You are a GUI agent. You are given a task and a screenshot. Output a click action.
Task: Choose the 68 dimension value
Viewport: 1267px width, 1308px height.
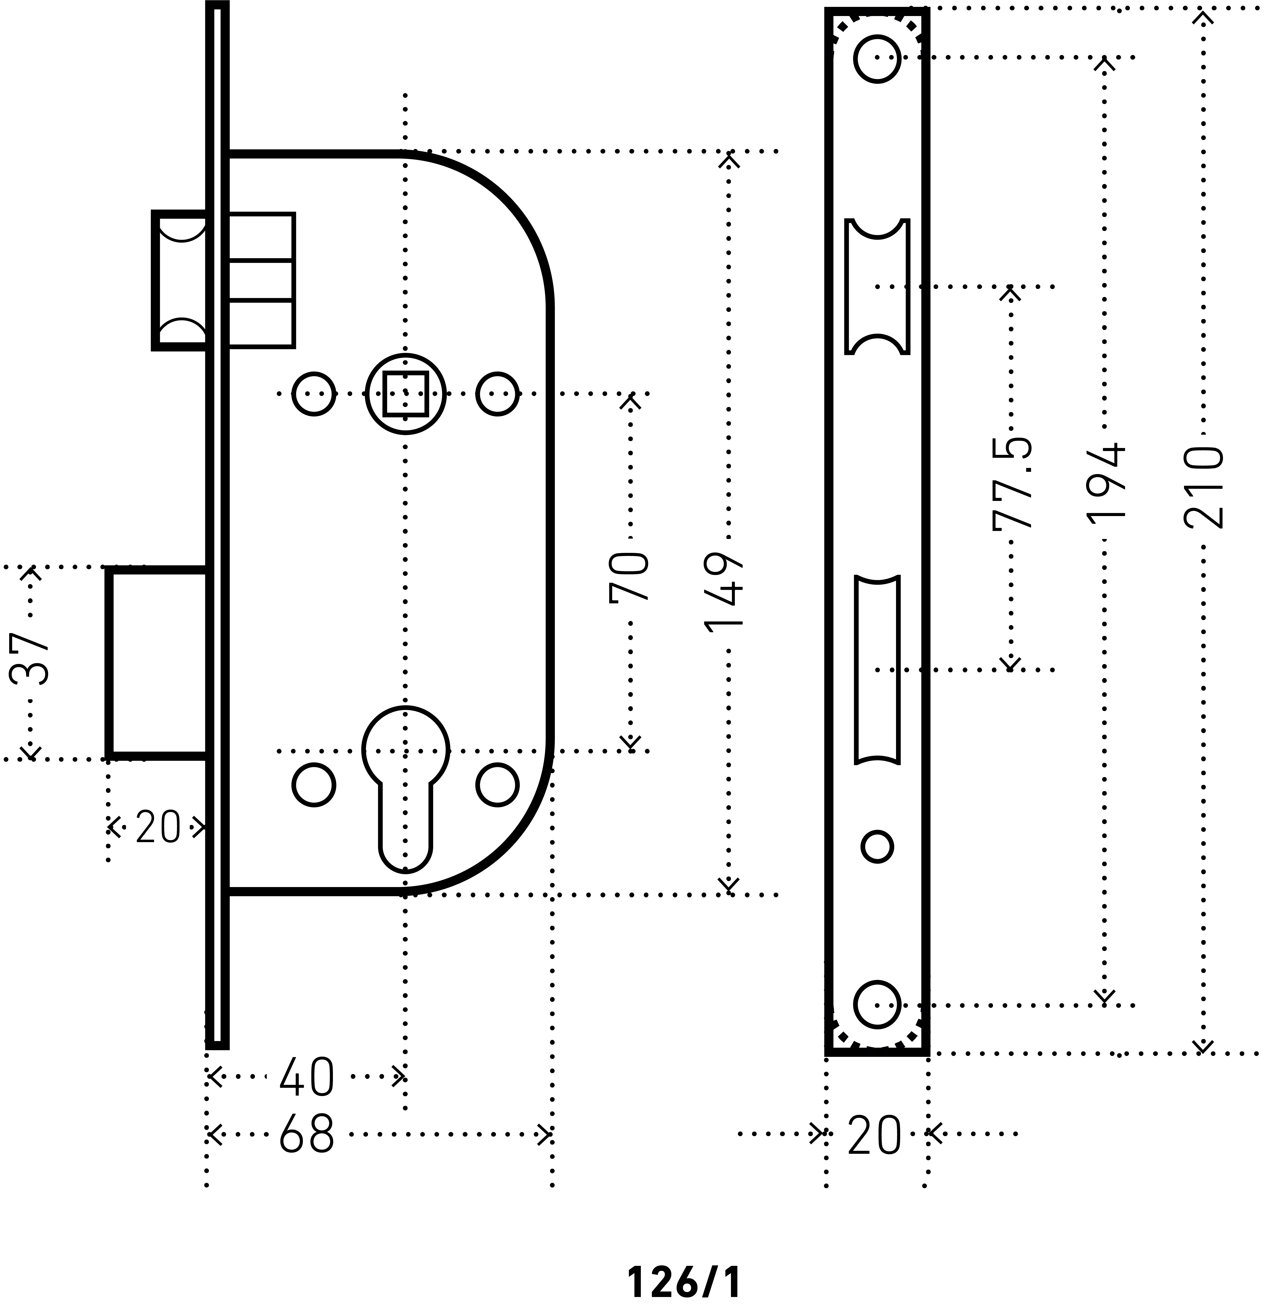[306, 1135]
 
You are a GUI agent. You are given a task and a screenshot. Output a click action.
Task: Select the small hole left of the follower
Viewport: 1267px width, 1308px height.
[314, 394]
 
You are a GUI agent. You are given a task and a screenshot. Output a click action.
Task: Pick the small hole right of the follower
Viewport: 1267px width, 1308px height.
[497, 394]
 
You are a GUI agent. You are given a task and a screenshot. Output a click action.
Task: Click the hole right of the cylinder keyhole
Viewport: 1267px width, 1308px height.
[497, 784]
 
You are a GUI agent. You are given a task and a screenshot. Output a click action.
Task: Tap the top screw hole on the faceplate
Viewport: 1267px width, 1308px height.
[877, 59]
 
